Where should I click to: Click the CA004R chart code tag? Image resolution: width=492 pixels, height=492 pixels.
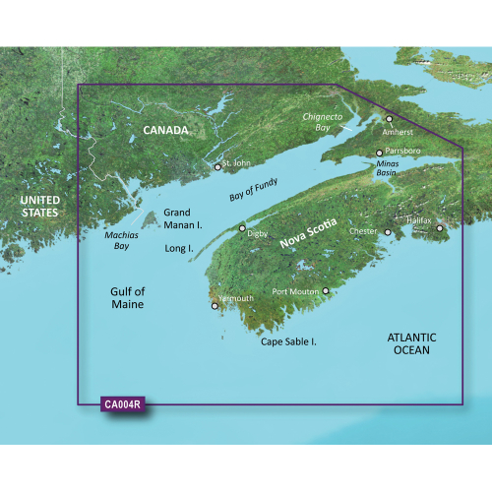click(122, 403)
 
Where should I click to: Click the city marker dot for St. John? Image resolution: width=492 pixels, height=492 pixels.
click(218, 167)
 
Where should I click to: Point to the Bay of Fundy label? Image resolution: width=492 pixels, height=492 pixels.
click(254, 184)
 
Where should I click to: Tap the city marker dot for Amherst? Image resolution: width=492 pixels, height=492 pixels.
click(389, 119)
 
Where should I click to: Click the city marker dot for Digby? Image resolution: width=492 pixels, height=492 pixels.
click(243, 228)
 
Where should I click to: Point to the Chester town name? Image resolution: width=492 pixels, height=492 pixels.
click(363, 232)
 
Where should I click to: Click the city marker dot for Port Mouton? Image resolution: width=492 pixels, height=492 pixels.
click(326, 291)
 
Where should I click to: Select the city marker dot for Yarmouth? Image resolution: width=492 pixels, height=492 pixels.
click(215, 306)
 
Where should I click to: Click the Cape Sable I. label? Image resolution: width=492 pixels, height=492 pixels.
click(294, 341)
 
